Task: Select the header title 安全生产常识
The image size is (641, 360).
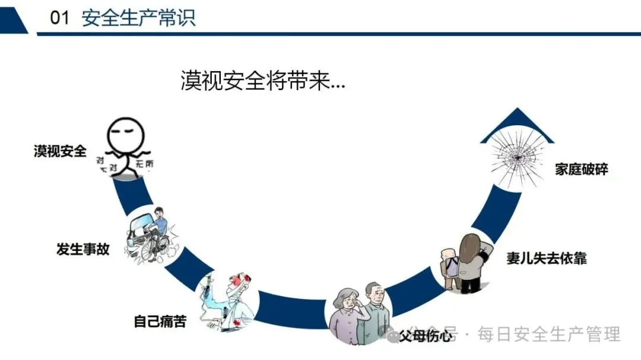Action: pos(138,18)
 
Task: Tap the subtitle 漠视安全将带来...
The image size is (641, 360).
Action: pos(262,81)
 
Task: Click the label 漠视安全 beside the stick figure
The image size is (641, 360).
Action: pos(60,151)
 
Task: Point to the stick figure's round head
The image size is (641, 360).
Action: pos(126,134)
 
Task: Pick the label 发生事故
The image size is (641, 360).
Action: pos(83,249)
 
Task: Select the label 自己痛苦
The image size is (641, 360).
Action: pos(160,322)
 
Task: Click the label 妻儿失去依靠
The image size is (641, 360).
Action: pos(547,259)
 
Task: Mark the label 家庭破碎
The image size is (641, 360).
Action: pos(582,170)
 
